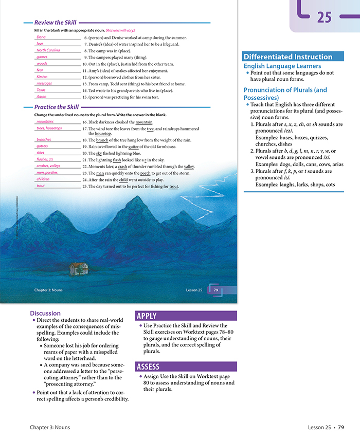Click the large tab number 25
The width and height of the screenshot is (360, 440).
point(324,17)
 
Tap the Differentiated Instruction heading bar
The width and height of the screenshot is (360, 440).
point(287,57)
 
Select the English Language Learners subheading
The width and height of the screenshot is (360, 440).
point(282,66)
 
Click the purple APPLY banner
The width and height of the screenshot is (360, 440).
point(147,316)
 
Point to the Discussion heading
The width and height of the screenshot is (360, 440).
point(45,313)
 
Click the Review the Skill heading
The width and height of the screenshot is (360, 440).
point(55,23)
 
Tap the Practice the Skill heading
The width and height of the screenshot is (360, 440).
point(57,107)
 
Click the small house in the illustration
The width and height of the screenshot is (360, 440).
point(78,268)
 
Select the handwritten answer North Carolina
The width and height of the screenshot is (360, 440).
point(48,50)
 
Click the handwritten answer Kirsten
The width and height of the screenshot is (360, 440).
point(42,77)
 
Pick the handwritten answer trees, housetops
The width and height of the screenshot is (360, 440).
point(49,128)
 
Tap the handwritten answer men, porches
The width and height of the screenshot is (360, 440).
point(47,173)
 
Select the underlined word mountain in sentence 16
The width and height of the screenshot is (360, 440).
point(144,122)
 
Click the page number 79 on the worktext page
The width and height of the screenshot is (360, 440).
point(216,290)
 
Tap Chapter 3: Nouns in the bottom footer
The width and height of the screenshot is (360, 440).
point(49,427)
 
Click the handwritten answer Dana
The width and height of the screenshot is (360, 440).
point(41,37)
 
